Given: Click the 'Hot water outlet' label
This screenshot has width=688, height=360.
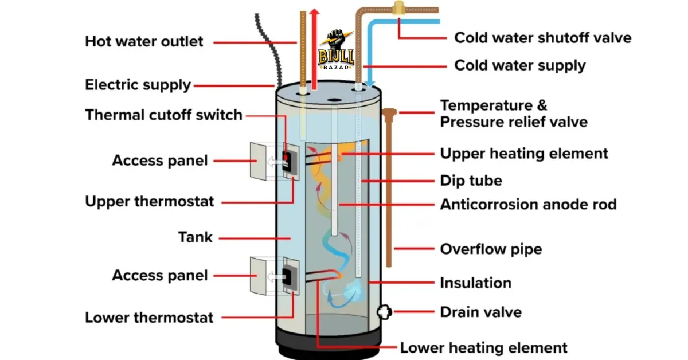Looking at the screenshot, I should pos(143,41).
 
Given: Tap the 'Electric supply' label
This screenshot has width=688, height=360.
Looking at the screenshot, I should pos(138,85).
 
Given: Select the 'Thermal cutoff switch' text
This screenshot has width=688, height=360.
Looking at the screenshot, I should pos(164,115).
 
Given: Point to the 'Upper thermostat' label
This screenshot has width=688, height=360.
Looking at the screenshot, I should pos(149,202).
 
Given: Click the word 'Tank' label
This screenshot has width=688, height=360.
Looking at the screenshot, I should pos(195,237).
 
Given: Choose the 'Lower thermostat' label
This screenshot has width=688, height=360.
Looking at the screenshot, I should pos(149,318).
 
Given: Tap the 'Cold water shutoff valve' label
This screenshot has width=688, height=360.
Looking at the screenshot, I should pos(542,38).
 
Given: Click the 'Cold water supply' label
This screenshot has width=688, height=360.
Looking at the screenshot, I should pos(520,65).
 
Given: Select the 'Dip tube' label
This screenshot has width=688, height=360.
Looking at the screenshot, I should pos(471,181).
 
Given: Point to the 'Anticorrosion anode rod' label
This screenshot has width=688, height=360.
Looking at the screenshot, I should pos(528,204).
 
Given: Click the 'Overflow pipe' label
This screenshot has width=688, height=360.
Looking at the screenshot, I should pos(491,249).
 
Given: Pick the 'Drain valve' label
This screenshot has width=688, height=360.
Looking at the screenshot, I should pos(480,312).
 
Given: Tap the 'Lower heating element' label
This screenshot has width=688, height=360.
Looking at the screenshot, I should pos(483,347).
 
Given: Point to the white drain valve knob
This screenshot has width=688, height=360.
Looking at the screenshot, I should pos(383,312).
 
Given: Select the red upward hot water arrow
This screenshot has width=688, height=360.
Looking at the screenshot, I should pos(314,46).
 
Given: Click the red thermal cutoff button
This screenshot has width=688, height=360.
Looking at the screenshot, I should pos(285,156).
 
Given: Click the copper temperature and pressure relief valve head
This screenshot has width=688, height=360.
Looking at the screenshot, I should pos(389,113).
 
